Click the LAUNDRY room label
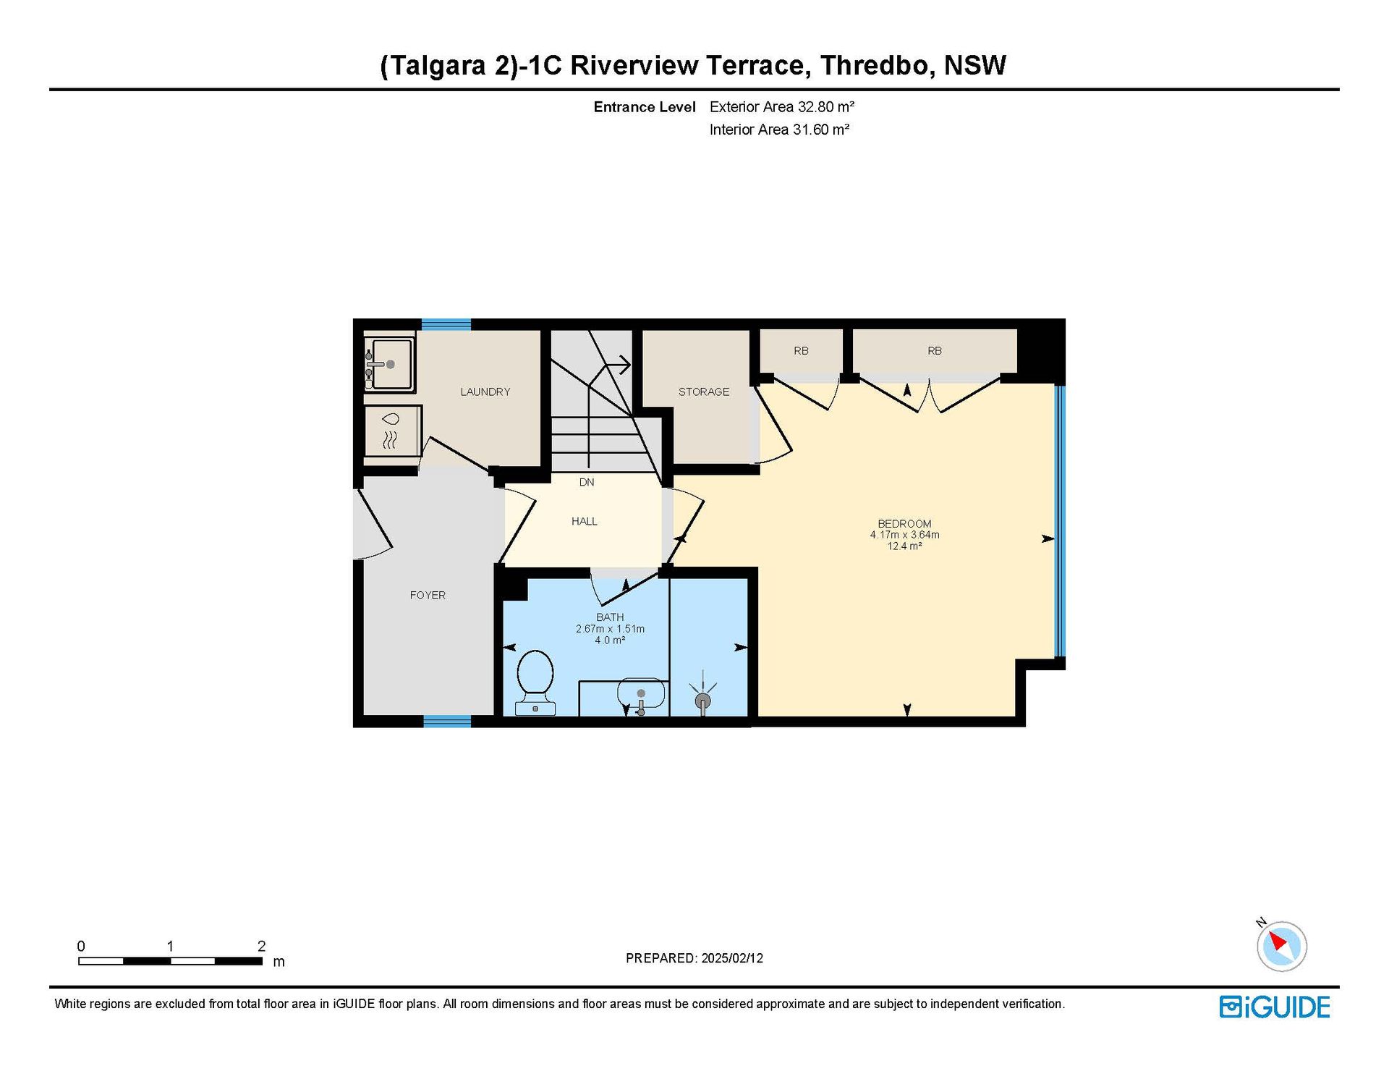pyautogui.click(x=485, y=392)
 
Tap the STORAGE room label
pyautogui.click(x=704, y=392)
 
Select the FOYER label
pyautogui.click(x=428, y=595)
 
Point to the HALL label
pyautogui.click(x=585, y=521)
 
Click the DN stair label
pyautogui.click(x=587, y=482)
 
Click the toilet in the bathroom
pyautogui.click(x=535, y=682)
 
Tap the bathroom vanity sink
pyautogui.click(x=641, y=695)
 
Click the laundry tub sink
pyautogui.click(x=389, y=364)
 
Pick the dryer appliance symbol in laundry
pyautogui.click(x=391, y=431)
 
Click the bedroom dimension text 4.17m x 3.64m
pyautogui.click(x=904, y=535)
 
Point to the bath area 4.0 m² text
pyautogui.click(x=610, y=640)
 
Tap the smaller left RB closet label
pyautogui.click(x=801, y=350)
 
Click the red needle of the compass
pyautogui.click(x=1278, y=940)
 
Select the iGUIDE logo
pyautogui.click(x=1275, y=1007)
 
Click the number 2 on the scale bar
pyautogui.click(x=261, y=946)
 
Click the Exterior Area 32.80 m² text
pyautogui.click(x=782, y=107)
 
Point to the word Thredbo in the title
pyautogui.click(x=875, y=65)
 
